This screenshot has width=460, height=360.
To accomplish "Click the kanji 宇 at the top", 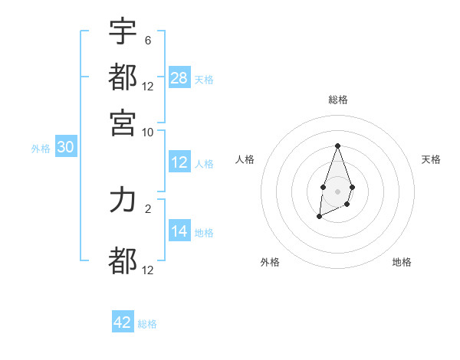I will [123, 31].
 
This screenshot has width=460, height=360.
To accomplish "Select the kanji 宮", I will [123, 122].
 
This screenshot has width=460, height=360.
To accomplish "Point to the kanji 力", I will [123, 201].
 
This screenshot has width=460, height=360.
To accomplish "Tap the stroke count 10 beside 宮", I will [148, 132].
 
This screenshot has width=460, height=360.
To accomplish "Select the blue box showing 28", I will [179, 78].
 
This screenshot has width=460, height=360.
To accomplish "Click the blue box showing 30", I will [65, 148].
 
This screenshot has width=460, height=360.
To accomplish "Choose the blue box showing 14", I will [179, 231].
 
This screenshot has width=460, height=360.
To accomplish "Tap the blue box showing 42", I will [123, 322].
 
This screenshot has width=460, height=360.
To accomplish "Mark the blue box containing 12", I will [179, 162].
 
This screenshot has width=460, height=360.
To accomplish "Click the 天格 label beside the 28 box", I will [204, 79].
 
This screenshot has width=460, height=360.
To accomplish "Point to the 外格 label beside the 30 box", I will [41, 149].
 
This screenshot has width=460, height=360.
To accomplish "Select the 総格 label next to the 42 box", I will [147, 323].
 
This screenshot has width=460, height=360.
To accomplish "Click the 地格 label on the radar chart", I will [402, 262].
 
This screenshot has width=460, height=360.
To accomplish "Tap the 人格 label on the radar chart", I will [245, 159].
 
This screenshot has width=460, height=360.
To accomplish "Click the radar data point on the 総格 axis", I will [337, 146].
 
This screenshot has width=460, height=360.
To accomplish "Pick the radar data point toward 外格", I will [319, 217].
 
